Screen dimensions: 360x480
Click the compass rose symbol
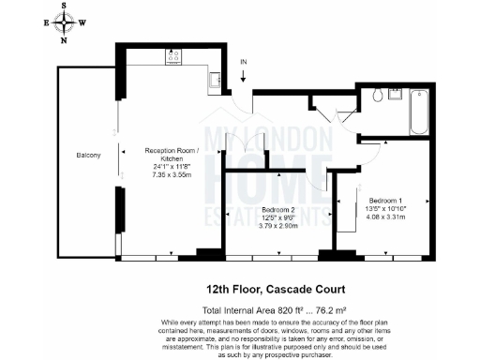64,22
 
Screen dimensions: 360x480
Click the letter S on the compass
64,5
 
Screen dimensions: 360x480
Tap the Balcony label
88,155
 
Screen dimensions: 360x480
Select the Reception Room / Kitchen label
170,155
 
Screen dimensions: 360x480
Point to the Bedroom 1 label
386,201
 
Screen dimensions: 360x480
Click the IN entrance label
243,62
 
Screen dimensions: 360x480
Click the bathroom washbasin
395,94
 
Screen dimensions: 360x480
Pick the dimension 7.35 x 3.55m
170,174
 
